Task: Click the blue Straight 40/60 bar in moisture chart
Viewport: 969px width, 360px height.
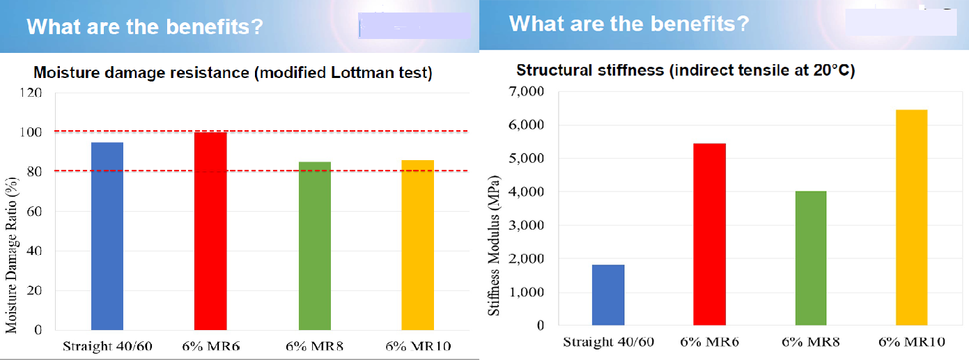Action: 107,236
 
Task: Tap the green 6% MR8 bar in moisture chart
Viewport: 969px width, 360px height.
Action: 314,246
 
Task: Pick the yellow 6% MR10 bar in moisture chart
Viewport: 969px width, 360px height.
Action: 417,245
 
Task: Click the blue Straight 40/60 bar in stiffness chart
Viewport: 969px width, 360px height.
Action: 608,295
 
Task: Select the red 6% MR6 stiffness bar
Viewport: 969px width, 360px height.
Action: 710,235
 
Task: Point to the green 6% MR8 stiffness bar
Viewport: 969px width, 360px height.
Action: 810,258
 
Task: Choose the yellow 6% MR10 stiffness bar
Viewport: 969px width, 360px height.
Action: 911,217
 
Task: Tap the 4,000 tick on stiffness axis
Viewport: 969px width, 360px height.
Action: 529,192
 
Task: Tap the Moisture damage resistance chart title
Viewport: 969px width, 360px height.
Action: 233,73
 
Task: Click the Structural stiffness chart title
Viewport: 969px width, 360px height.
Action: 685,70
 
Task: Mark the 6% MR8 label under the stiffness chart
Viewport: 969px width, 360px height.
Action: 810,343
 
